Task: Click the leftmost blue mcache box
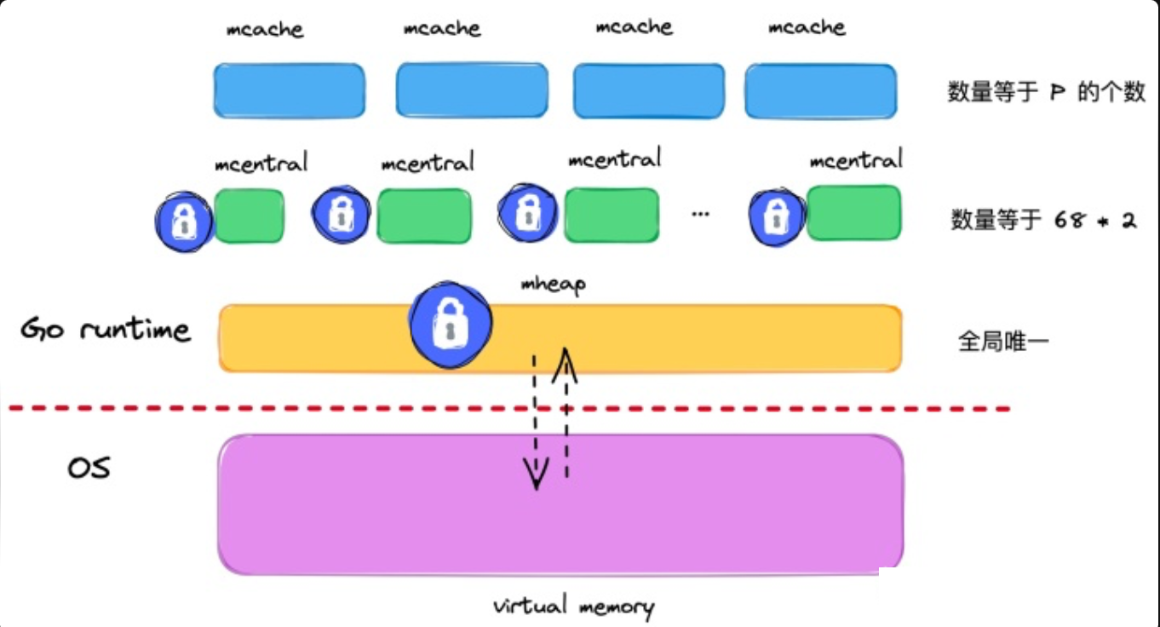click(x=289, y=90)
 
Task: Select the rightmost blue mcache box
click(x=820, y=91)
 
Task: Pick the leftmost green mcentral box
click(x=249, y=216)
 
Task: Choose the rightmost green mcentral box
click(x=853, y=212)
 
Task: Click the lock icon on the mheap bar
click(x=451, y=325)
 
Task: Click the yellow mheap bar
click(x=681, y=338)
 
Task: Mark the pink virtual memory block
click(x=560, y=504)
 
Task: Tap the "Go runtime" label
click(x=105, y=330)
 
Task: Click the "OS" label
click(x=89, y=468)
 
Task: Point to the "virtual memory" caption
click(x=573, y=607)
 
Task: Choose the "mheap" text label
click(x=553, y=285)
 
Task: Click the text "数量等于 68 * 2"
click(x=1043, y=221)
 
